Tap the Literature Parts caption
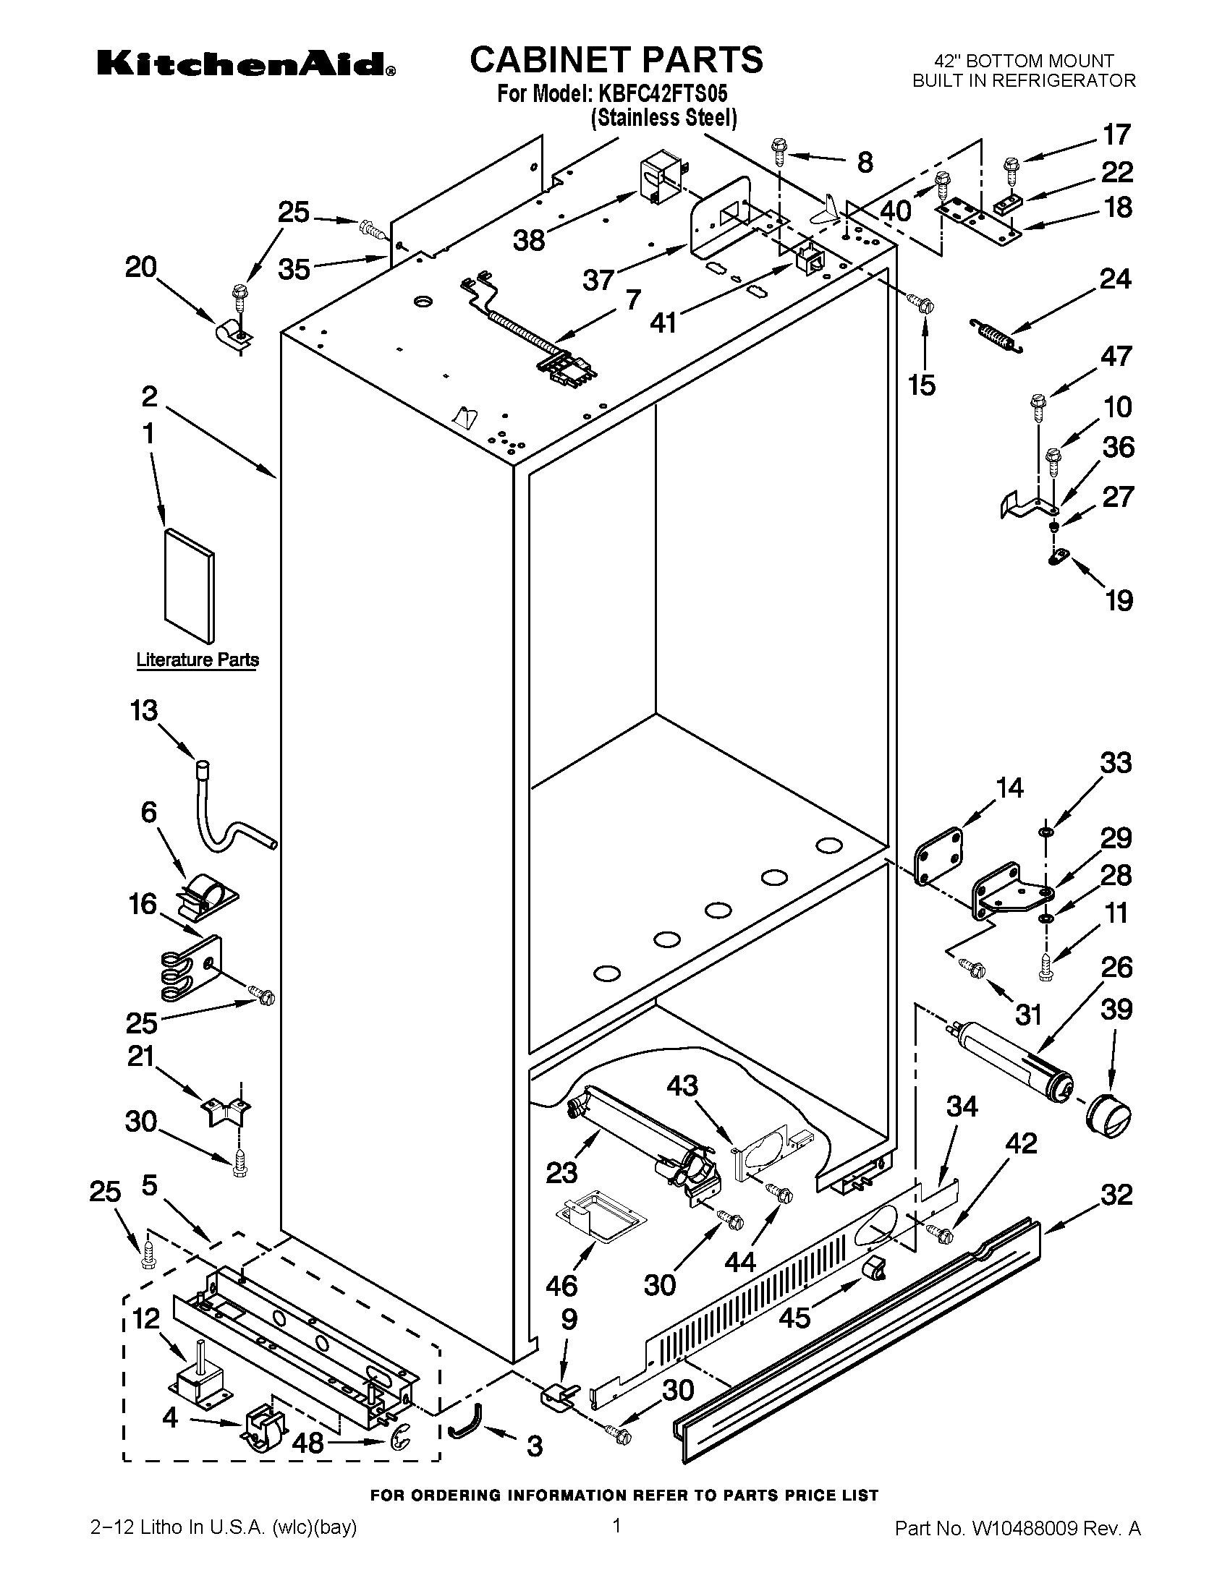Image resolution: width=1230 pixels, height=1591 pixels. coord(198,660)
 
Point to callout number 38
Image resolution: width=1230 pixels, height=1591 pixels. coord(529,239)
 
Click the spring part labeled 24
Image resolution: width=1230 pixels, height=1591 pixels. coord(998,336)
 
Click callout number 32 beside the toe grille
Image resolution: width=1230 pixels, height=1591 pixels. coord(1116,1195)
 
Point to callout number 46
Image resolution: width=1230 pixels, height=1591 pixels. coord(561,1285)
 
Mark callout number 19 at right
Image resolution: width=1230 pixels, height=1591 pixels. coord(1119,601)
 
